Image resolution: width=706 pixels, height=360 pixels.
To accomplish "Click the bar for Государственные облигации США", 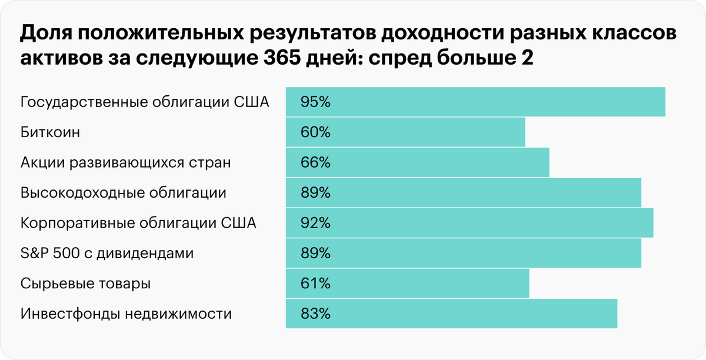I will pyautogui.click(x=475, y=102).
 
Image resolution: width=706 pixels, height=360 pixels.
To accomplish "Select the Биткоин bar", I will pyautogui.click(x=405, y=132).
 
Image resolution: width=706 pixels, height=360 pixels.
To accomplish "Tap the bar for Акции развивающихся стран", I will pyautogui.click(x=417, y=162).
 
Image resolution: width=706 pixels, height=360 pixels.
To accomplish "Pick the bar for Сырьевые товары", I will pyautogui.click(x=407, y=284).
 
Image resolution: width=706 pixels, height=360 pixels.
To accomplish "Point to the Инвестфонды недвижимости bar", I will pyautogui.click(x=451, y=314).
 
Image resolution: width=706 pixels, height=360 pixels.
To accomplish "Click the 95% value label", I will pyautogui.click(x=315, y=102).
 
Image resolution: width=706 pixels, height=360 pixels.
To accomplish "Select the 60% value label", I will pyautogui.click(x=315, y=132).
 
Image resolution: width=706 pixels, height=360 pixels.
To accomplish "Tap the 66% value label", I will pyautogui.click(x=315, y=162).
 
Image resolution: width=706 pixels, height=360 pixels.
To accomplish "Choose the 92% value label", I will pyautogui.click(x=315, y=223).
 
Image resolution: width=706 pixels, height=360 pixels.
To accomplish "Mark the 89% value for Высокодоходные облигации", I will pyautogui.click(x=315, y=193).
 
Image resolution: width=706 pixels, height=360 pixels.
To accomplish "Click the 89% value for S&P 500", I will pyautogui.click(x=315, y=254).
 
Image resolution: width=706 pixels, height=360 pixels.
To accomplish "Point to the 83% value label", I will pyautogui.click(x=315, y=314).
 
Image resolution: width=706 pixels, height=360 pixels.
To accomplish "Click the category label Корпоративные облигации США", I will pyautogui.click(x=138, y=223).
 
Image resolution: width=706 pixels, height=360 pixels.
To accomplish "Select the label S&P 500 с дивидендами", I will pyautogui.click(x=107, y=254).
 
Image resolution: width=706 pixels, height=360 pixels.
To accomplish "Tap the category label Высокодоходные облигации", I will pyautogui.click(x=124, y=193).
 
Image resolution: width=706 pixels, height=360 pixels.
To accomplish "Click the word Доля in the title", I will pyautogui.click(x=45, y=35).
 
